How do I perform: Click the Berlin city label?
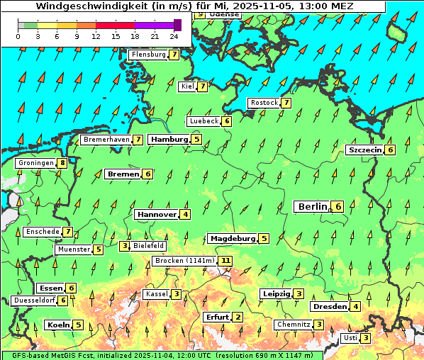coord(312,206)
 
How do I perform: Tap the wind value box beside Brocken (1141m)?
coord(225,261)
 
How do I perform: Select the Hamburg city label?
coord(169,140)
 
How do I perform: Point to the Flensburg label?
coord(148,55)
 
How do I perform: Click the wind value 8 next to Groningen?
coord(62,163)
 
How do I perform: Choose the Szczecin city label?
coord(364,150)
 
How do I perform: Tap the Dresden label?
coord(329,307)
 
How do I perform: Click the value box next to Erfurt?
coord(238,317)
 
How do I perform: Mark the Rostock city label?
coord(264,103)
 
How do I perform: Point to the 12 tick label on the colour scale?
coord(96,36)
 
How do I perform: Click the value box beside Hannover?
coord(185,214)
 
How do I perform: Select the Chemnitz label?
coord(293,325)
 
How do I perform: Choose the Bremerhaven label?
coord(106,140)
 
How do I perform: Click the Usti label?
coord(350,338)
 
